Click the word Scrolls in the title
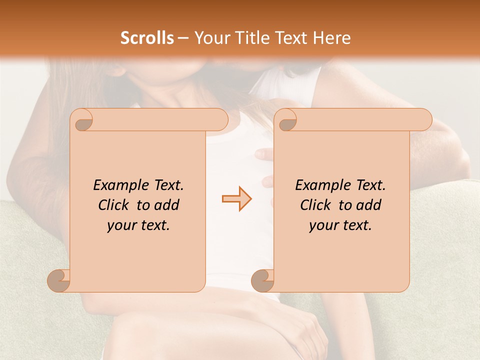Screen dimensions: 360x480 coord(147,38)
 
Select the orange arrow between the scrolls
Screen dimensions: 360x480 coord(236,199)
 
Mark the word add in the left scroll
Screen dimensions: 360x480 coord(167,205)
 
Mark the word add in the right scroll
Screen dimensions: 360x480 coord(369,205)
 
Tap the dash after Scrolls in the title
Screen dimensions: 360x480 coord(183,38)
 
